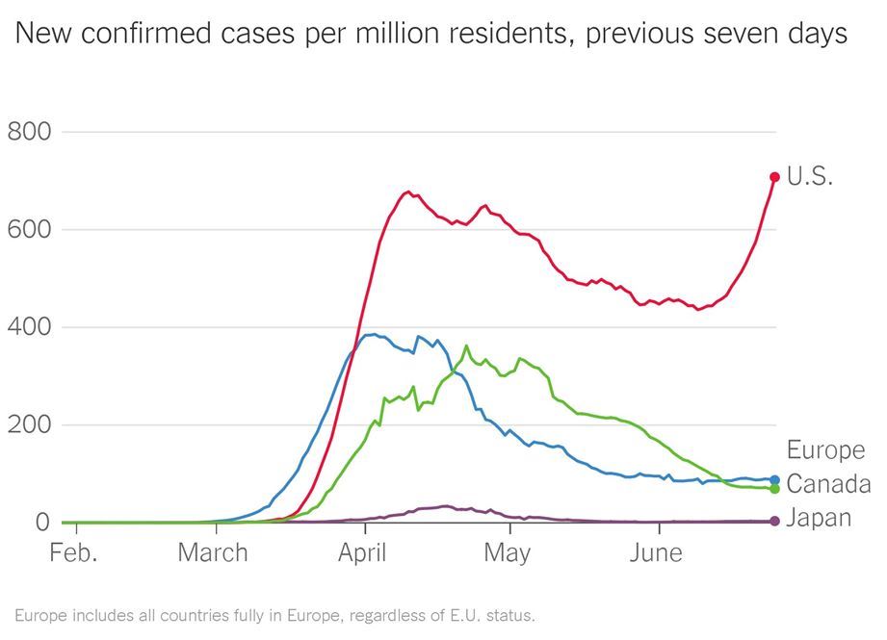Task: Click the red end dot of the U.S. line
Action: [774, 177]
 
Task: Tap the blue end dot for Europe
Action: [774, 479]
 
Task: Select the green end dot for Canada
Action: [774, 489]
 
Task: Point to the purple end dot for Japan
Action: [774, 522]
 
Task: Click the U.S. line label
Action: [809, 177]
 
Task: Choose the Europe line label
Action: [825, 449]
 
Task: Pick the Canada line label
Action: [828, 484]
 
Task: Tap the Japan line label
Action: [819, 518]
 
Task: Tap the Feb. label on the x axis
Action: [74, 553]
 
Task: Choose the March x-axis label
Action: [212, 553]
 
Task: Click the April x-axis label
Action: [363, 553]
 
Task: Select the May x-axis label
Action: [507, 553]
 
